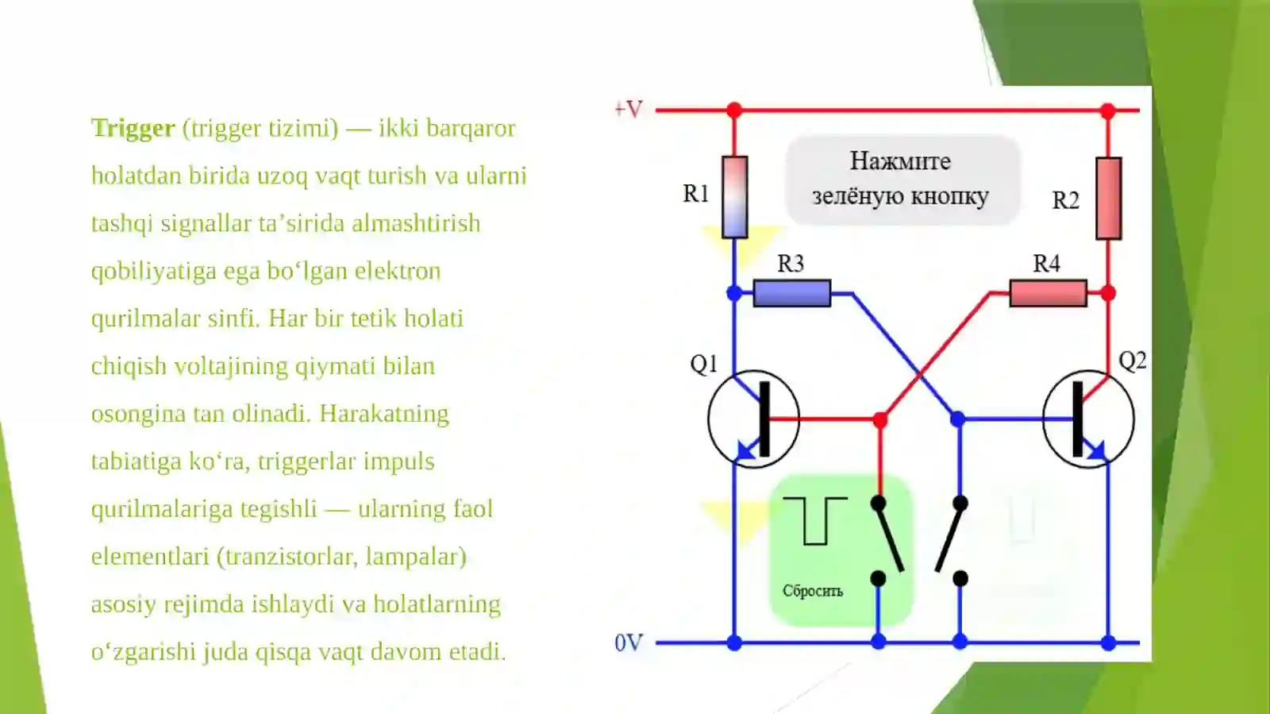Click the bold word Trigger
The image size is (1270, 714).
click(133, 129)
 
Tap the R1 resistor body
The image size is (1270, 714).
click(734, 197)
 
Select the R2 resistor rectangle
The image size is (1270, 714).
click(1108, 199)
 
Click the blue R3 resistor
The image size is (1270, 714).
click(792, 293)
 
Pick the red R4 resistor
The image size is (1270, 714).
click(1049, 293)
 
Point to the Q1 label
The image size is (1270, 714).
click(704, 364)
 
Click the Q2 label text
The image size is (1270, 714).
click(1132, 361)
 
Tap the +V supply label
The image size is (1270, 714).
click(629, 109)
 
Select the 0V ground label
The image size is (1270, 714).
click(629, 643)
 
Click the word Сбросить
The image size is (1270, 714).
click(813, 591)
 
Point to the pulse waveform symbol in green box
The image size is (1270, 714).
click(814, 521)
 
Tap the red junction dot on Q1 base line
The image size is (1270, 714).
click(880, 420)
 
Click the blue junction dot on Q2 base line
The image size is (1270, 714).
click(957, 419)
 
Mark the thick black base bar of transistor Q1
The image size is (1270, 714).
click(764, 419)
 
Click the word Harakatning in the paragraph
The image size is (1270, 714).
click(384, 414)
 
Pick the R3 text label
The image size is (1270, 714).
click(791, 263)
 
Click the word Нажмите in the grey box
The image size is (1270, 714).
click(900, 161)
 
